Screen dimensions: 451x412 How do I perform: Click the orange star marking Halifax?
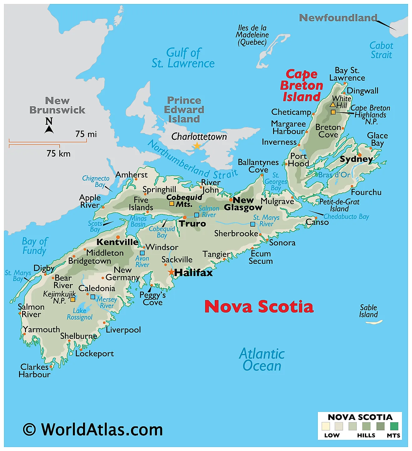coord(171,272)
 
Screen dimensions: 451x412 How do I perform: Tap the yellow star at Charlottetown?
coord(197,146)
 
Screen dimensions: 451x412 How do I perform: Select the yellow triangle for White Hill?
coord(333,104)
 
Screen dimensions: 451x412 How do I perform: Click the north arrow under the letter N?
coord(49,129)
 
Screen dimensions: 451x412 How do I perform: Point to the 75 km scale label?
coord(58,153)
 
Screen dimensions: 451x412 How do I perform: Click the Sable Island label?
coord(368,311)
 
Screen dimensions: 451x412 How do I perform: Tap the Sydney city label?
coord(356,159)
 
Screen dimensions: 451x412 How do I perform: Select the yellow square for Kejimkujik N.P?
coord(73,299)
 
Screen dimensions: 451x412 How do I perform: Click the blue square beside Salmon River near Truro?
coord(197,215)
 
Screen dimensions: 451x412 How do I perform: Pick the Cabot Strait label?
coord(381,50)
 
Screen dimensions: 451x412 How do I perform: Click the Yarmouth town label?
coord(42,329)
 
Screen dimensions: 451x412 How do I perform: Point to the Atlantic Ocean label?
coord(262,360)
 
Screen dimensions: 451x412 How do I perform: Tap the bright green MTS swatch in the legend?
coord(394,426)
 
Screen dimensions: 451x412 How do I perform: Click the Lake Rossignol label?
coord(80,314)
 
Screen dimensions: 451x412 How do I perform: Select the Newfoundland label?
coord(338,18)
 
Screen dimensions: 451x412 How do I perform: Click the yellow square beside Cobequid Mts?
coord(171,204)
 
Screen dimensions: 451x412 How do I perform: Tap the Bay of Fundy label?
coord(34,246)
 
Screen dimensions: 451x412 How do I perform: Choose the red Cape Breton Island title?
coord(301,85)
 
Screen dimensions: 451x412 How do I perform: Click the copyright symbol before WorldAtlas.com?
coord(29,429)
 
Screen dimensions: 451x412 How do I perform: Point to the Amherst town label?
coord(131,174)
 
